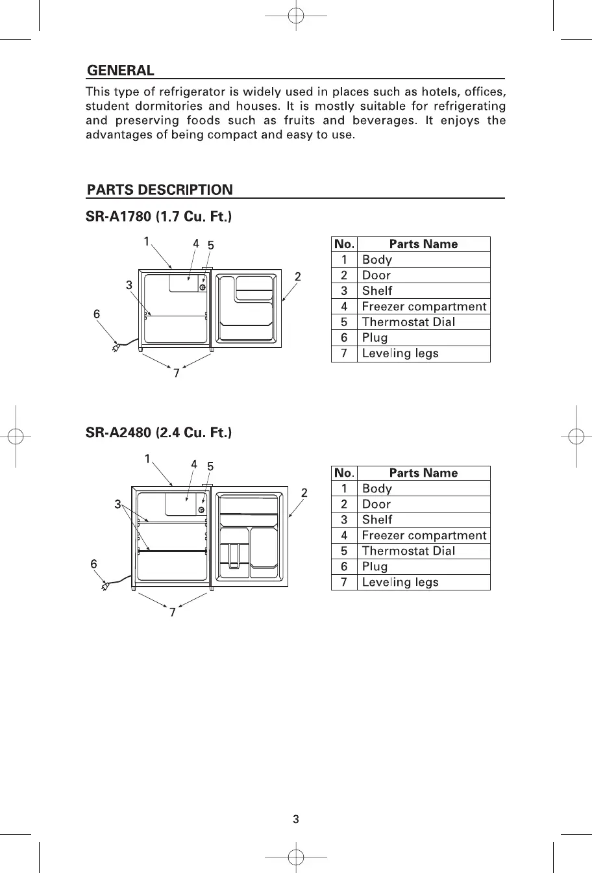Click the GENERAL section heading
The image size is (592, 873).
pos(121,70)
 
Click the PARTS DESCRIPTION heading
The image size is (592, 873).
pos(160,190)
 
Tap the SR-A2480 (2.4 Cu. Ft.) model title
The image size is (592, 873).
pos(159,432)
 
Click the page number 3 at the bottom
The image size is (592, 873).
pos(296,819)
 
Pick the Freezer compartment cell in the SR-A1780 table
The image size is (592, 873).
pos(424,307)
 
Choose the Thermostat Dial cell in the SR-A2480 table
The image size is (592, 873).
pos(408,551)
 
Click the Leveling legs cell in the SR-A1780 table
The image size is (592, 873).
pos(400,353)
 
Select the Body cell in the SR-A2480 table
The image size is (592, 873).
pos(377,488)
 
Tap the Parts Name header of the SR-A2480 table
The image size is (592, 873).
pos(423,473)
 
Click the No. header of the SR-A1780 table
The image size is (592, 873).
pos(344,244)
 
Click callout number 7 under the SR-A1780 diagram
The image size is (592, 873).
pos(176,373)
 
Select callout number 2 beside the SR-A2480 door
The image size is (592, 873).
pos(304,492)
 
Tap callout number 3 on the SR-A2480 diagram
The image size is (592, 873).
pos(117,504)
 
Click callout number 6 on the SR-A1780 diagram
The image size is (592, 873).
pos(97,314)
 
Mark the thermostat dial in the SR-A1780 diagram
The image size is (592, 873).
pos(203,287)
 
